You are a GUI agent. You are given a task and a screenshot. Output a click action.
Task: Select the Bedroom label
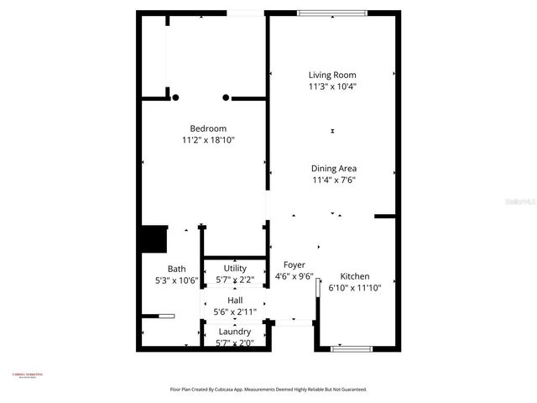click(x=208, y=128)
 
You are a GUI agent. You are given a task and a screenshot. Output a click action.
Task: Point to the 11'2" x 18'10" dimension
click(x=208, y=139)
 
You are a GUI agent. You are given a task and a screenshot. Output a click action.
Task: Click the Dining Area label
click(x=334, y=168)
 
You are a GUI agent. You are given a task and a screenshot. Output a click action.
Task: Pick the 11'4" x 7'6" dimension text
click(x=334, y=179)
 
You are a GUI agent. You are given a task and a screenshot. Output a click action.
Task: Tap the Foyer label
click(x=294, y=264)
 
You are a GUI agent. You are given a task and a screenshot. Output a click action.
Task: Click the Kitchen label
click(x=354, y=276)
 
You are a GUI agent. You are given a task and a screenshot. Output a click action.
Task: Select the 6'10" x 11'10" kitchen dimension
click(x=353, y=287)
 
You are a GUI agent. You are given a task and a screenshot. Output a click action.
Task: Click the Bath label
click(x=176, y=270)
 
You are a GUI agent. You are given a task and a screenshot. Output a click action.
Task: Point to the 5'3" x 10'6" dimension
click(x=176, y=280)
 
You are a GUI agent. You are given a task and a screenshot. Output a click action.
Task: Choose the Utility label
click(x=235, y=269)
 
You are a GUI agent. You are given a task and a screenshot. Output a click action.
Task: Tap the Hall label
click(x=235, y=301)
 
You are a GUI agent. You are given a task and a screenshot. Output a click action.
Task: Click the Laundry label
click(x=234, y=332)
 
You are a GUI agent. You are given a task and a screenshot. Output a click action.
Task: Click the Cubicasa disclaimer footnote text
click(x=268, y=390)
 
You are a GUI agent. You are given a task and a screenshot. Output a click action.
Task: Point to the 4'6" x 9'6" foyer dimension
click(x=295, y=275)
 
